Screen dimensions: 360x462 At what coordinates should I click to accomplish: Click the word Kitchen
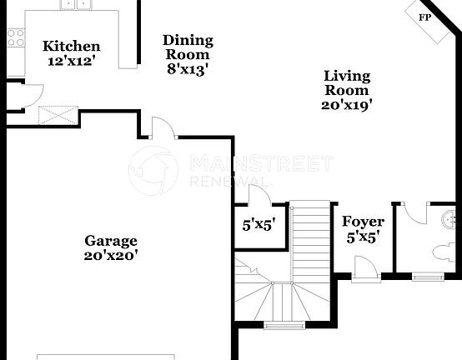pyautogui.click(x=72, y=47)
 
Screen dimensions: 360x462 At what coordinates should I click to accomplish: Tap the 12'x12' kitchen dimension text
pyautogui.click(x=72, y=61)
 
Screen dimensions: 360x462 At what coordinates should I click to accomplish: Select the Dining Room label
pyautogui.click(x=188, y=47)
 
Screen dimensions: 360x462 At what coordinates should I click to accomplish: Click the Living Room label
pyautogui.click(x=346, y=83)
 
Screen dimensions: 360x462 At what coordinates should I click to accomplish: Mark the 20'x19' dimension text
pyautogui.click(x=346, y=105)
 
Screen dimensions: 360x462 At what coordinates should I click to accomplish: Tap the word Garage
pyautogui.click(x=110, y=241)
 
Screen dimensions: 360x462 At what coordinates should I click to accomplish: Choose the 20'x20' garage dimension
pyautogui.click(x=110, y=256)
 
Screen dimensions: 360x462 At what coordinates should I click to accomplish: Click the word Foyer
pyautogui.click(x=364, y=222)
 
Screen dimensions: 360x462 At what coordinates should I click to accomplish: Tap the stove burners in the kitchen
pyautogui.click(x=15, y=36)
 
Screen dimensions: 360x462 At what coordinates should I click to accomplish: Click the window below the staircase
pyautogui.click(x=284, y=324)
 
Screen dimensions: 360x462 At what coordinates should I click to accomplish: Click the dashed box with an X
pyautogui.click(x=58, y=114)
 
